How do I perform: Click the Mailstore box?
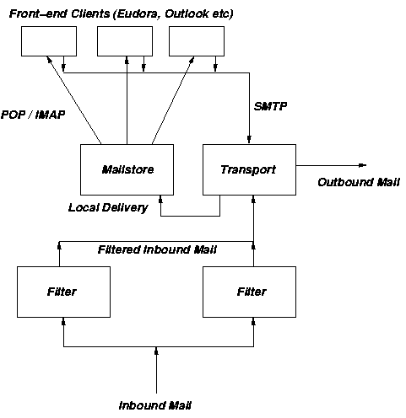pyautogui.click(x=126, y=169)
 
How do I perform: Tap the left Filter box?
pyautogui.click(x=62, y=292)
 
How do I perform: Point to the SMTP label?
pyautogui.click(x=269, y=107)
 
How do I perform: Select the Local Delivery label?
pyautogui.click(x=108, y=206)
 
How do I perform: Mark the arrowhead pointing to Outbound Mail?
pyautogui.click(x=361, y=165)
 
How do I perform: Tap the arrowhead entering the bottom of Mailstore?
pyautogui.click(x=160, y=199)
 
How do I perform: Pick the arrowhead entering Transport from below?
pyautogui.click(x=253, y=199)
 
